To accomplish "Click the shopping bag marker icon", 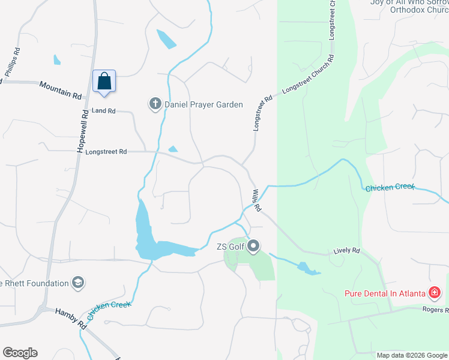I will [104, 81].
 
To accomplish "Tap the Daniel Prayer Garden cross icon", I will [154, 104].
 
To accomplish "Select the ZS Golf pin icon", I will [253, 245].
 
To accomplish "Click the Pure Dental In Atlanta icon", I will [435, 293].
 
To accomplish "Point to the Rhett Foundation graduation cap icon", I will [77, 282].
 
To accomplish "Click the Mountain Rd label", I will [60, 91].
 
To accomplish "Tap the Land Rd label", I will [103, 111].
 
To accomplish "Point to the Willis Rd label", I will [256, 200].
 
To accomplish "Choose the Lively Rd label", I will [346, 250].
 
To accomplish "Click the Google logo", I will [20, 353].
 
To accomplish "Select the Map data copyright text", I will [411, 355].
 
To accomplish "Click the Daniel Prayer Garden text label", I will [205, 104].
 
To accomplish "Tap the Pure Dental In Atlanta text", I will [384, 293].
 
